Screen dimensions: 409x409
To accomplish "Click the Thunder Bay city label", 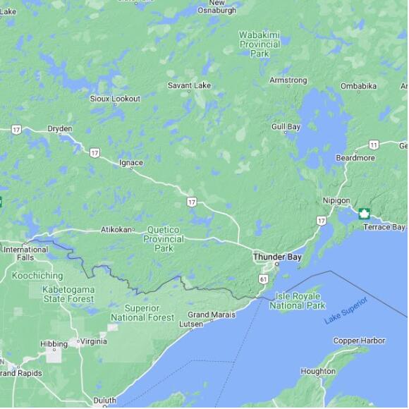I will click(x=277, y=257).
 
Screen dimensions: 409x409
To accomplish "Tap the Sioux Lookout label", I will click(x=115, y=99).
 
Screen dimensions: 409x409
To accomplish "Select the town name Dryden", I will click(x=60, y=129).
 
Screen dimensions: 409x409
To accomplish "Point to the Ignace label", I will click(x=131, y=163).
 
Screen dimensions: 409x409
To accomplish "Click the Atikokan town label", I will click(x=116, y=229).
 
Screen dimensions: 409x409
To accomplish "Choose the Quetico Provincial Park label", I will click(x=164, y=238).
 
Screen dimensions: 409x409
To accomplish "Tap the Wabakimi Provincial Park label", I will click(x=260, y=44).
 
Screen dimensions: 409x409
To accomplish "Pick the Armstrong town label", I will click(x=288, y=80).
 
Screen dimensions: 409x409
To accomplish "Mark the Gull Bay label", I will click(x=286, y=127).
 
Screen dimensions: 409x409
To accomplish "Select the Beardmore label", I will click(x=355, y=158).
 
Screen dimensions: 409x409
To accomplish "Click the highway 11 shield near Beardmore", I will click(x=374, y=145).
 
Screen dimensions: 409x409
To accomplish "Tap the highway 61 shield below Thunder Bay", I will click(x=263, y=280).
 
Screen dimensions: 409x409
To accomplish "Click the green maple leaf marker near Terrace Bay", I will click(x=365, y=214).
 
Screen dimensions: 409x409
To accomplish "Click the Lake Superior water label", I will click(x=346, y=311).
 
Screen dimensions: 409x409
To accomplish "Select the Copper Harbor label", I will click(x=360, y=341).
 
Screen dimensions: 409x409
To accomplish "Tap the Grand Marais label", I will click(x=212, y=315).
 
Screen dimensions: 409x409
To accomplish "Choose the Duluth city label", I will click(x=104, y=401).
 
